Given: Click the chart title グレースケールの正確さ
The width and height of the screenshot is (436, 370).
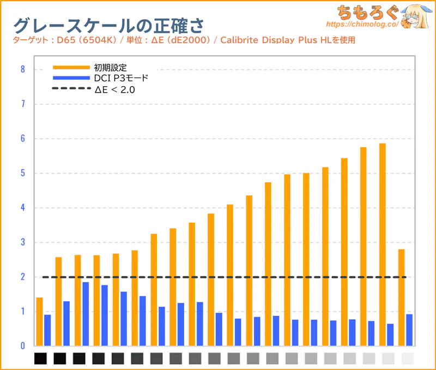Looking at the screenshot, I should point(109,25).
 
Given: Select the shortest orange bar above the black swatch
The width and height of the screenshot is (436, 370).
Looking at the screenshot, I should point(39,321).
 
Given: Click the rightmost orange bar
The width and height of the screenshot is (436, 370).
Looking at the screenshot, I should point(402,297).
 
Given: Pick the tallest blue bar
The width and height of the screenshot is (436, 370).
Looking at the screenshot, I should point(86,314).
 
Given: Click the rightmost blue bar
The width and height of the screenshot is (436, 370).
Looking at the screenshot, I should point(409,330).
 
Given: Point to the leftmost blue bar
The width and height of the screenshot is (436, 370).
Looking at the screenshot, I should point(47,330).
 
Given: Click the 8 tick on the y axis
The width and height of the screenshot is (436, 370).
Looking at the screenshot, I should point(22,69).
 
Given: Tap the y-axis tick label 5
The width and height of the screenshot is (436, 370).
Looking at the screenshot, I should point(22,173).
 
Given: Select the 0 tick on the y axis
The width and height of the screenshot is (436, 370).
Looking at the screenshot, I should point(22,346).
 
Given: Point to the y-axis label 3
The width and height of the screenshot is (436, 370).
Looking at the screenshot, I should point(22,242).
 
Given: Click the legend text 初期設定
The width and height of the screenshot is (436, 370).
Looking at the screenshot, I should point(110,68).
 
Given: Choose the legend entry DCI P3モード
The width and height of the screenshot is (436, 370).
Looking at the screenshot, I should point(121,79).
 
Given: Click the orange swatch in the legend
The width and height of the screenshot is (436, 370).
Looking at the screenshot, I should point(71,68).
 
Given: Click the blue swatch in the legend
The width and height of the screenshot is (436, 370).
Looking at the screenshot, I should point(71,79).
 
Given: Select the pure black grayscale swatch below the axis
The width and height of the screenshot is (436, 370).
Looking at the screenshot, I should point(41,359).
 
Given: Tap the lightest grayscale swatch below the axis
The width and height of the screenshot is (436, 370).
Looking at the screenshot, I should point(407,359).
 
